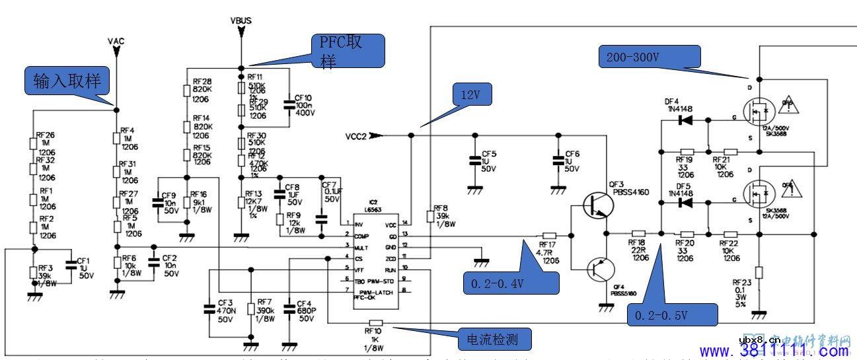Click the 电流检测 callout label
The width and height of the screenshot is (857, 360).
tap(496, 340)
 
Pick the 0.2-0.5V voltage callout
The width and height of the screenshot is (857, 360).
tap(670, 316)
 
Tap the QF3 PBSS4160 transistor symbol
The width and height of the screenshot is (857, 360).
tap(599, 205)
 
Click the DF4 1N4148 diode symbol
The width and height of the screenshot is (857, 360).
tap(687, 120)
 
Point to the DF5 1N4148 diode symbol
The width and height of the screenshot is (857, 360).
tap(687, 202)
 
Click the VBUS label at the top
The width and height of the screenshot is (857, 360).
tap(241, 20)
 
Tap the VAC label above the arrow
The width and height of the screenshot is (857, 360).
tap(116, 41)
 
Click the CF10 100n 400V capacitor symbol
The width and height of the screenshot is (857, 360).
tap(289, 104)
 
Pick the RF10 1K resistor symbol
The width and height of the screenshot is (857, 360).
tap(373, 324)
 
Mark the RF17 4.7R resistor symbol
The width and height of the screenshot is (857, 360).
tap(548, 234)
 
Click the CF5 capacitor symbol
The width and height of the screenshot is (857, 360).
tap(474, 160)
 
